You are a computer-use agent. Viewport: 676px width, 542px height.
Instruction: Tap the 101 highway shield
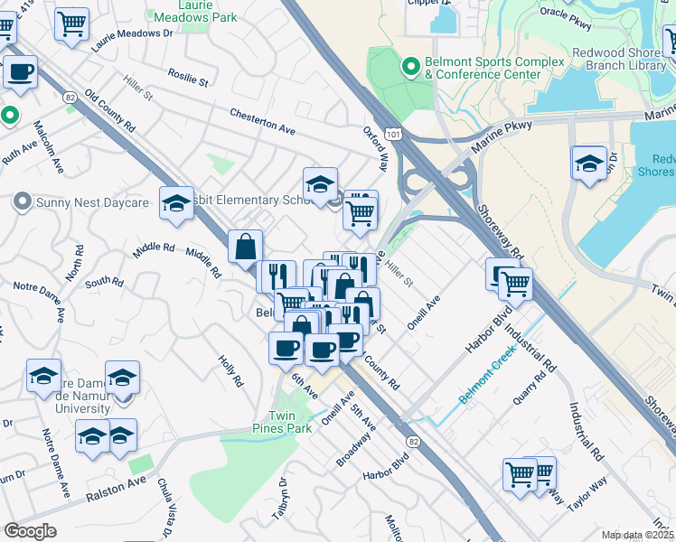pyautogui.click(x=391, y=134)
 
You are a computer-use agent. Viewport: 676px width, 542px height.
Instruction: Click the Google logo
pyautogui.click(x=30, y=531)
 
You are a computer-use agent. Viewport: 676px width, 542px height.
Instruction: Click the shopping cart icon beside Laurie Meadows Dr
pyautogui.click(x=71, y=24)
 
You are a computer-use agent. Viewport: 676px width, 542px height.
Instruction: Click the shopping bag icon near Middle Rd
pyautogui.click(x=246, y=246)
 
